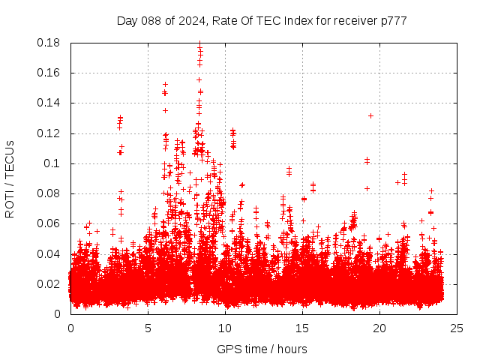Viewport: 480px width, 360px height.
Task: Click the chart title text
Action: click(x=262, y=20)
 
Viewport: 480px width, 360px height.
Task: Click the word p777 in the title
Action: click(x=393, y=20)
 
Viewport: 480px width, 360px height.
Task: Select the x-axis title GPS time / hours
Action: click(x=262, y=349)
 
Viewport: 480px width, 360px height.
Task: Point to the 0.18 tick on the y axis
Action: click(x=50, y=43)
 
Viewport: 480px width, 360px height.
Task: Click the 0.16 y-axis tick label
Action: click(x=50, y=73)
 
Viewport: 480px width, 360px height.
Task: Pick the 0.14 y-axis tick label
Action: click(x=50, y=103)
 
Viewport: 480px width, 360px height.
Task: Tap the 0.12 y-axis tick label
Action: click(x=50, y=133)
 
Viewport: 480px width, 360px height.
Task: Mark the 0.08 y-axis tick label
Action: click(x=50, y=193)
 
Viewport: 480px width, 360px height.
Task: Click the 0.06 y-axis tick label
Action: click(x=50, y=223)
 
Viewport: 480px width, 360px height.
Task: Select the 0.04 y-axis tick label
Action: click(x=50, y=253)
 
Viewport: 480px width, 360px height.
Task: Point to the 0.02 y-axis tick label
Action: click(x=50, y=283)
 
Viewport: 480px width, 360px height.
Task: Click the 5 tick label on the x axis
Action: click(x=148, y=328)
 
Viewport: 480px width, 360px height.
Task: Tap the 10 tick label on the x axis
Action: click(x=225, y=328)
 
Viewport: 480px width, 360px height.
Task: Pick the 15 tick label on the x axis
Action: click(x=302, y=328)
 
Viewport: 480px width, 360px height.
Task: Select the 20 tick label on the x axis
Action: click(x=379, y=328)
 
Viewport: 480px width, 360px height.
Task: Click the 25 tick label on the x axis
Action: click(x=457, y=328)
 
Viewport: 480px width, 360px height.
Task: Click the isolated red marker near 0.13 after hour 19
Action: click(x=370, y=115)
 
